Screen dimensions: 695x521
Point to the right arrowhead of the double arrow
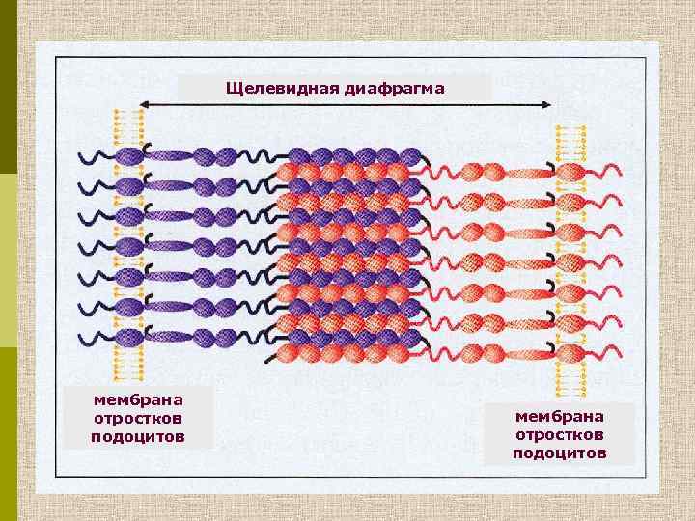coord(552,104)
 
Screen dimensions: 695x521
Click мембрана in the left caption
coord(138,398)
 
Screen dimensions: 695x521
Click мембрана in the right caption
coord(560,416)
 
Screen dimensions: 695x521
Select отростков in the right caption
coord(560,434)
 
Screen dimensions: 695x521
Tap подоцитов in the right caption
coord(560,452)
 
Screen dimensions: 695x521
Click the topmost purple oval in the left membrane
coord(129,155)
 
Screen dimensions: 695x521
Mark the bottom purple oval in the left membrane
coord(129,338)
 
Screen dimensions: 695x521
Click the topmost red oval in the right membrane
coord(570,173)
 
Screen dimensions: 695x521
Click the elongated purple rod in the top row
coord(170,155)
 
